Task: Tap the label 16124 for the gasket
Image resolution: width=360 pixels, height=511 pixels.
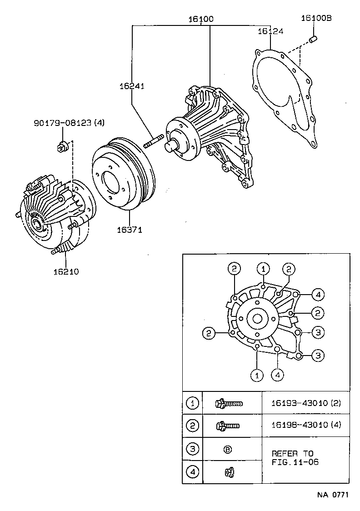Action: (x=270, y=31)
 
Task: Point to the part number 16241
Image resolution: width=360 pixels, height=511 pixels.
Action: (x=132, y=86)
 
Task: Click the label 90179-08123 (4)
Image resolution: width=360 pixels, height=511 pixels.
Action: (x=69, y=123)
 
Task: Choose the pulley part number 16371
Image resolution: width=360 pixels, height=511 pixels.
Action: (x=130, y=230)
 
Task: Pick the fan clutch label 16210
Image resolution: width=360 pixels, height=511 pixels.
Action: (x=66, y=272)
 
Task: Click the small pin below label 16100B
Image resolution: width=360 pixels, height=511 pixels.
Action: (x=313, y=40)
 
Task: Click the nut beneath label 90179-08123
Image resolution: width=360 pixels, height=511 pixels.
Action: (x=62, y=146)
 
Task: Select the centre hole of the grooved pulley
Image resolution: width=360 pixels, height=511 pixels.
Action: (x=110, y=183)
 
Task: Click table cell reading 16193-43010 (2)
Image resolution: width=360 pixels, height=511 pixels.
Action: (x=305, y=403)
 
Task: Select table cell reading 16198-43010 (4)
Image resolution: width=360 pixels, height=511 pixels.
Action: (x=305, y=426)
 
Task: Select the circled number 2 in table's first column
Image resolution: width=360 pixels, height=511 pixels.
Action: (x=192, y=426)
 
